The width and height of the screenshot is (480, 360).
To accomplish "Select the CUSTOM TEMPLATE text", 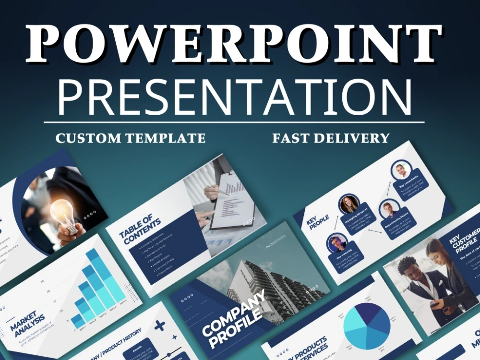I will pyautogui.click(x=130, y=138).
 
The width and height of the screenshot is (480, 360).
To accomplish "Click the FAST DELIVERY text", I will pyautogui.click(x=331, y=138).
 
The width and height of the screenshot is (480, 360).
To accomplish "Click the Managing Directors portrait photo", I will pyautogui.click(x=349, y=204).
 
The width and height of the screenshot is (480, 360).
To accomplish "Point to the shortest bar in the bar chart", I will pyautogui.click(x=78, y=321).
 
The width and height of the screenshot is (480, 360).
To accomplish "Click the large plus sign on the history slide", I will pyautogui.click(x=159, y=325).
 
